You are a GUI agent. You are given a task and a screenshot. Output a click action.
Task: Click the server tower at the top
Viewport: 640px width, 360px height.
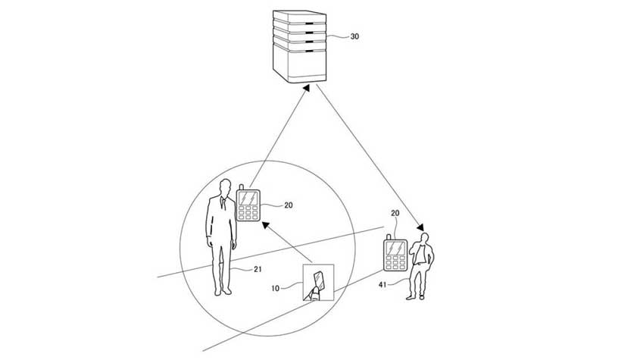pos(300,46)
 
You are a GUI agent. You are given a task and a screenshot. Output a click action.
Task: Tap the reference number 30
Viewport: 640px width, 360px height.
pos(354,36)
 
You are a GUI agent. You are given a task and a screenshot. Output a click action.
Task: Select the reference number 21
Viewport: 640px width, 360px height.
pos(258,269)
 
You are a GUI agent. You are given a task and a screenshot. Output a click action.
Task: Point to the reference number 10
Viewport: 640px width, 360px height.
pos(276,289)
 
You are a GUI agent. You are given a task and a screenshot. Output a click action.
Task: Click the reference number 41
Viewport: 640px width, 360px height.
pos(382,285)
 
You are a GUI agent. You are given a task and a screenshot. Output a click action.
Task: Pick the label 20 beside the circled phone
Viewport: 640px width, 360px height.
pos(288,205)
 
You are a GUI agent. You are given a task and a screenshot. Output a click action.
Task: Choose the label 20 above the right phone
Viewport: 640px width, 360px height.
pos(395,213)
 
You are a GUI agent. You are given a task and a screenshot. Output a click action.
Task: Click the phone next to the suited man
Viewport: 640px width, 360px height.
pos(248,203)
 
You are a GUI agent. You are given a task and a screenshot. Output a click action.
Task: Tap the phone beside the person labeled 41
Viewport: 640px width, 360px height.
pos(395,253)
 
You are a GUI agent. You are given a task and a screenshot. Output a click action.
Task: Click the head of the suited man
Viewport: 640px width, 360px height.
pos(224,187)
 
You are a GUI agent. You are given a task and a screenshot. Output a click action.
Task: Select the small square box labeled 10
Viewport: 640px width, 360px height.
pos(318,283)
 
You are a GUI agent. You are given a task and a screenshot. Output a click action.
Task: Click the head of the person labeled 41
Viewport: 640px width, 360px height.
pos(425,238)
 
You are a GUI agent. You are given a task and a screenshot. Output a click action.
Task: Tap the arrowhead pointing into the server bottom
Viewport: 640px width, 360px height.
pos(307,88)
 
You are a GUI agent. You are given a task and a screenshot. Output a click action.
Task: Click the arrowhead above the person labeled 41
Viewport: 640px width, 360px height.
pos(420,227)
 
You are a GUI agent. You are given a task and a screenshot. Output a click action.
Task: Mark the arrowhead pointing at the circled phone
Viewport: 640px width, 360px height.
pos(266,225)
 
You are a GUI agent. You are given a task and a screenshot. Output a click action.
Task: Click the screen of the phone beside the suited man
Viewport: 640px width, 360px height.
pos(248,198)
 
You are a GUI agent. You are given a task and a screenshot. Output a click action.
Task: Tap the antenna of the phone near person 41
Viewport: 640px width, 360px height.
pos(389,236)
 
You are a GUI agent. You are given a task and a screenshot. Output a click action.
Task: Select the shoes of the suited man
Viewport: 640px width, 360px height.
pos(223,291)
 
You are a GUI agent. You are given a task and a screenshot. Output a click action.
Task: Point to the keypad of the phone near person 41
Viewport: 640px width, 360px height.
pos(395,262)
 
